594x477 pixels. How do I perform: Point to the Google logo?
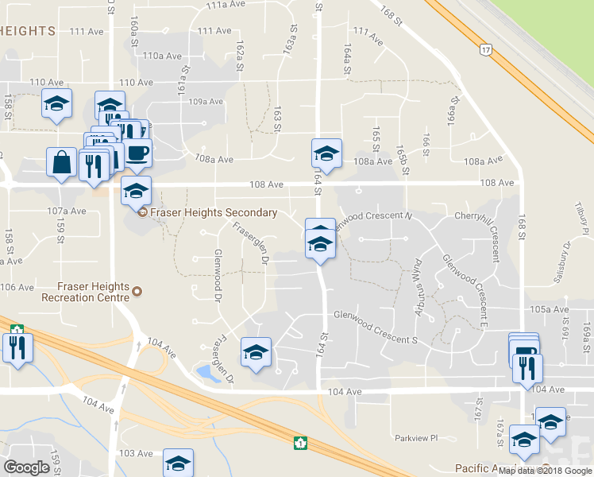27,467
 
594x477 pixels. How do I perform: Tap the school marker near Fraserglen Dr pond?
256,352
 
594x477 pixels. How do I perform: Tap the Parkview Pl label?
416,438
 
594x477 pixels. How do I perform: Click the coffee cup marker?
137,151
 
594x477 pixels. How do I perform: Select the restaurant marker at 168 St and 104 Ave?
528,367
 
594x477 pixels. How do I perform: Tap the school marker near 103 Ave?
178,463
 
